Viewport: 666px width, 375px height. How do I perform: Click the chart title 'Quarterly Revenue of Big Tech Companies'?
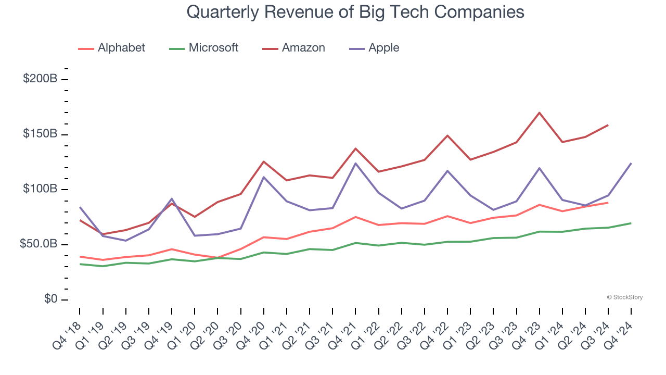pyautogui.click(x=355, y=11)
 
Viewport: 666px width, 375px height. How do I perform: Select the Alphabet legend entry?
pyautogui.click(x=121, y=48)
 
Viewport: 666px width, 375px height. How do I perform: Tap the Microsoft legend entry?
pyautogui.click(x=213, y=48)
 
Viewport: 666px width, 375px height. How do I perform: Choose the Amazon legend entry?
pyautogui.click(x=303, y=48)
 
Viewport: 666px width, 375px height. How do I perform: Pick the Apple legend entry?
pyautogui.click(x=383, y=48)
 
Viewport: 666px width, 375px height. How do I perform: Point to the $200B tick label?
pyautogui.click(x=40, y=79)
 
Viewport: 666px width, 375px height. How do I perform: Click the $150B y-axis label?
pyautogui.click(x=40, y=134)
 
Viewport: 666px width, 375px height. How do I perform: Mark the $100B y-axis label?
pyautogui.click(x=40, y=189)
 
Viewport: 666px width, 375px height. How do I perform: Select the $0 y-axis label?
pyautogui.click(x=50, y=299)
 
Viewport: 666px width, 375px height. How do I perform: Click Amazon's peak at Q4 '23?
pyautogui.click(x=540, y=113)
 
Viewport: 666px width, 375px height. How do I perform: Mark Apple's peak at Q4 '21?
pyautogui.click(x=356, y=164)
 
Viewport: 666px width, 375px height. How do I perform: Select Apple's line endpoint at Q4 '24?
pyautogui.click(x=631, y=164)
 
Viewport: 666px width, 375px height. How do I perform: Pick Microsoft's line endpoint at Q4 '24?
pyautogui.click(x=631, y=223)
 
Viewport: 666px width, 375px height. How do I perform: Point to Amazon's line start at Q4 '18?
pyautogui.click(x=80, y=220)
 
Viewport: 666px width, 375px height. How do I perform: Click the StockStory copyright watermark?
pyautogui.click(x=624, y=297)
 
